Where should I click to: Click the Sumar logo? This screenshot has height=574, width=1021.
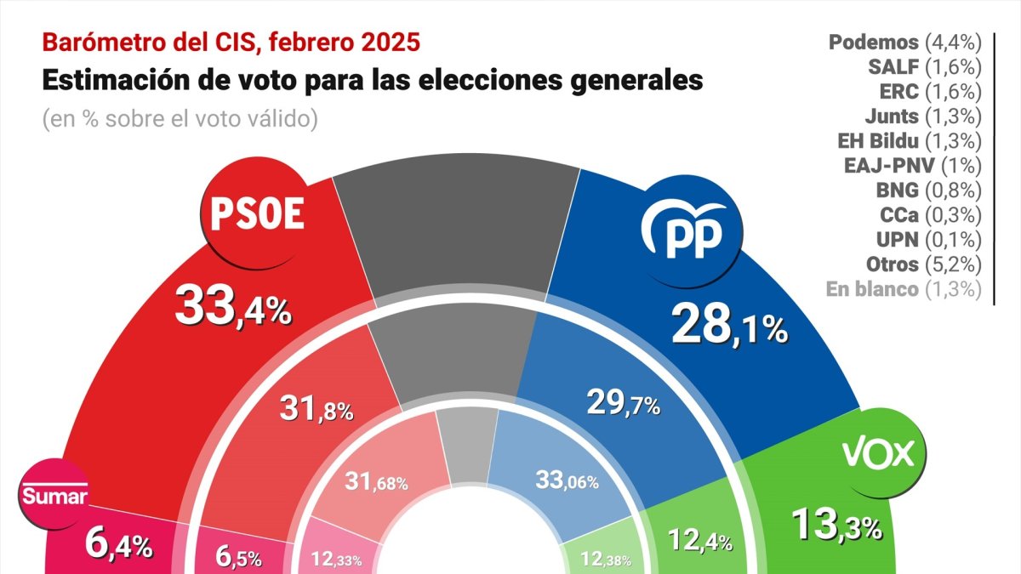[54, 497]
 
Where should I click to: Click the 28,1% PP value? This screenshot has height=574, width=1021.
[729, 325]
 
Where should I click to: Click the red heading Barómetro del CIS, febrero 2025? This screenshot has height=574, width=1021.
[231, 42]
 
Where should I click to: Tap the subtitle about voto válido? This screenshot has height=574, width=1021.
[180, 119]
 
